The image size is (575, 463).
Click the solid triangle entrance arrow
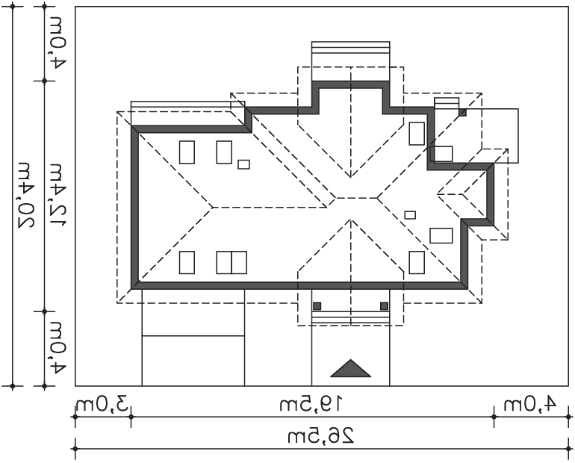(350, 369)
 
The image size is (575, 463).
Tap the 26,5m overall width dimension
(321, 436)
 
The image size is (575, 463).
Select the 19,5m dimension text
(311, 404)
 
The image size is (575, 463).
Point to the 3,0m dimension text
(103, 405)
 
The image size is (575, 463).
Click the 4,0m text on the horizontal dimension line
(530, 404)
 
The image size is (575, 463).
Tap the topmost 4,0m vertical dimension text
(57, 43)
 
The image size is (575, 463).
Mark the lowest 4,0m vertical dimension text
(57, 348)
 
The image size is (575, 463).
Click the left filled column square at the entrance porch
(317, 306)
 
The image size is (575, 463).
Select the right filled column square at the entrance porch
(385, 306)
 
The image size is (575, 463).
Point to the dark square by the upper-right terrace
(463, 113)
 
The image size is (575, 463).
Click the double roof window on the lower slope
(231, 262)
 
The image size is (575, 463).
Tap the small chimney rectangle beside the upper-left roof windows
(244, 164)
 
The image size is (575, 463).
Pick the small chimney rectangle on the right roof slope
(410, 215)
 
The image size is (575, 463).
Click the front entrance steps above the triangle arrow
(350, 317)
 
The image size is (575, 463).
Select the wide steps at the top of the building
(350, 61)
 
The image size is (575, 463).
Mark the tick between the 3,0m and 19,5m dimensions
(131, 417)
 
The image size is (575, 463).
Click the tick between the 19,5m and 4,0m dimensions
(494, 417)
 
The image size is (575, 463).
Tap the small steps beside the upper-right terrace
(447, 103)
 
